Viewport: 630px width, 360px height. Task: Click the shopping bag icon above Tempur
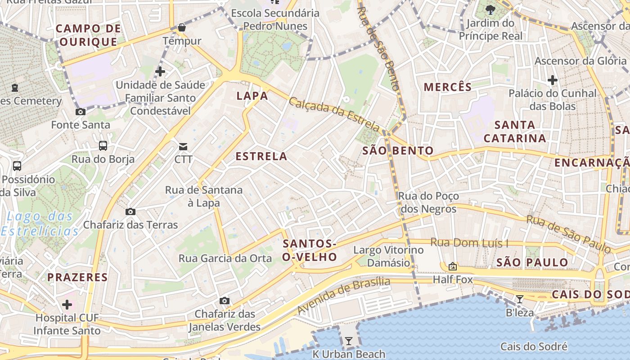[181, 27]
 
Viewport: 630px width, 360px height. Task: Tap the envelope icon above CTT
[183, 146]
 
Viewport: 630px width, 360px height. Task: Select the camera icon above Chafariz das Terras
[130, 211]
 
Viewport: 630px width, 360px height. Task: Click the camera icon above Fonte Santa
[81, 112]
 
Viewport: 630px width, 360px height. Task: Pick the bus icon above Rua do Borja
[103, 145]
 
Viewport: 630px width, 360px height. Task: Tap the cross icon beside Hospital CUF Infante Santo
[67, 305]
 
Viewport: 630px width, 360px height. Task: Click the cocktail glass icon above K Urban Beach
[348, 341]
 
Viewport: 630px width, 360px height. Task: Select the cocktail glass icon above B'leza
[520, 299]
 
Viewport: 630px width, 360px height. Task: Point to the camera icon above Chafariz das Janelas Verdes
[224, 301]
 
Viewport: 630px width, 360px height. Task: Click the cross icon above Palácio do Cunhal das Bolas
[553, 81]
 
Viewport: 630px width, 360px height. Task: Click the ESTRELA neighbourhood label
[261, 157]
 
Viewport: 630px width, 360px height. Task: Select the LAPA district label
[252, 96]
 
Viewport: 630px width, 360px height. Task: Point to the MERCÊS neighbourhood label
[448, 87]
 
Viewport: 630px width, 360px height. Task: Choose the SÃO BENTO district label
[398, 151]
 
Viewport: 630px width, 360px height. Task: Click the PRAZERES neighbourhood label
[78, 277]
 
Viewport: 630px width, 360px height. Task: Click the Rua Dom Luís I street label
[469, 243]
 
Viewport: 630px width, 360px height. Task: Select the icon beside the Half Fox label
[453, 266]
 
